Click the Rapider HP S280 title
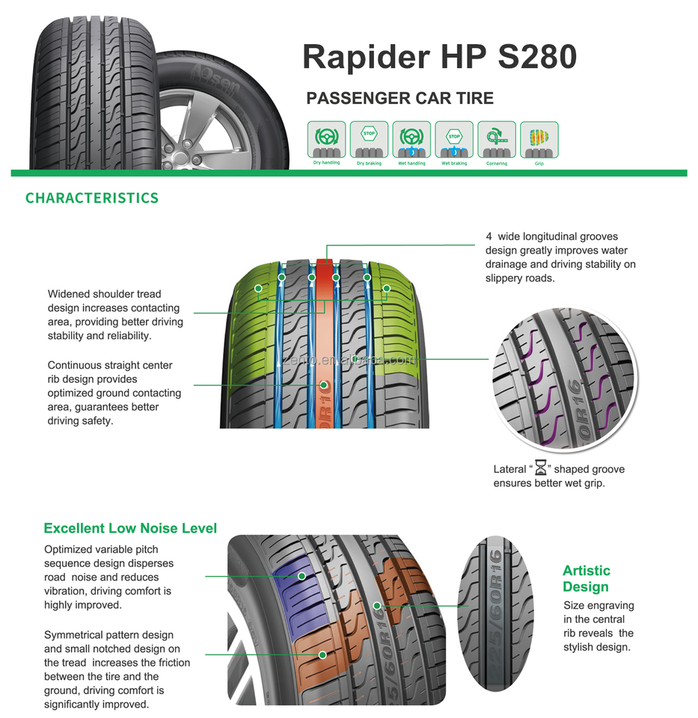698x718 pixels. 439,57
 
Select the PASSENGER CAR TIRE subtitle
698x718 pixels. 399,99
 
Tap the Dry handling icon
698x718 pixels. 326,140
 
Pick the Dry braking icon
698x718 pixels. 369,140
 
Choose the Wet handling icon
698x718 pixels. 411,140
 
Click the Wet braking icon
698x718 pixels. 454,140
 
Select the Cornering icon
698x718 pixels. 496,140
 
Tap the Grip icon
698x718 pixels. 539,140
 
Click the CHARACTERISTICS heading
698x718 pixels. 92,198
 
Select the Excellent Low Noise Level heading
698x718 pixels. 130,528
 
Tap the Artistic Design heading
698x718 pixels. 587,579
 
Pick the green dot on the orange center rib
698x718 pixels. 325,386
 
